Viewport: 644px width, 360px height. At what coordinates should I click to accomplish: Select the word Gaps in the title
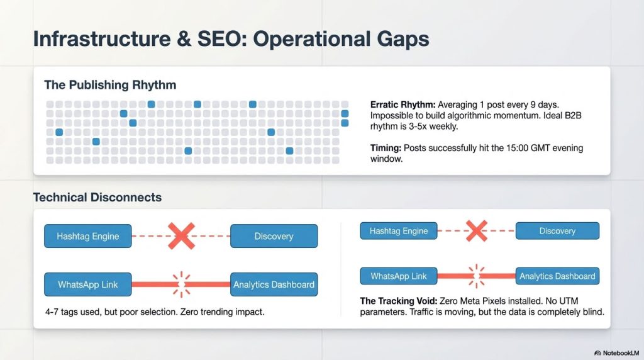pos(401,39)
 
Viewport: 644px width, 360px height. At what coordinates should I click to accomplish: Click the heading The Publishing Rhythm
pos(110,85)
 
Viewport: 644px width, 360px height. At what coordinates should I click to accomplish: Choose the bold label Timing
pos(386,148)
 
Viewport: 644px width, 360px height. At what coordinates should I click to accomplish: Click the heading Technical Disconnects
pos(97,198)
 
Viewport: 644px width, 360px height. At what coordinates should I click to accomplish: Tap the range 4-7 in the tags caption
pos(53,312)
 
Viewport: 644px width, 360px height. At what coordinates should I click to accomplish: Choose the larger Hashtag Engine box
pos(87,236)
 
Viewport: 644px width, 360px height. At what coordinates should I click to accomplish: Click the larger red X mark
pos(180,236)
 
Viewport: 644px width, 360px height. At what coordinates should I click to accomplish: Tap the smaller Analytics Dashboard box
pos(557,276)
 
